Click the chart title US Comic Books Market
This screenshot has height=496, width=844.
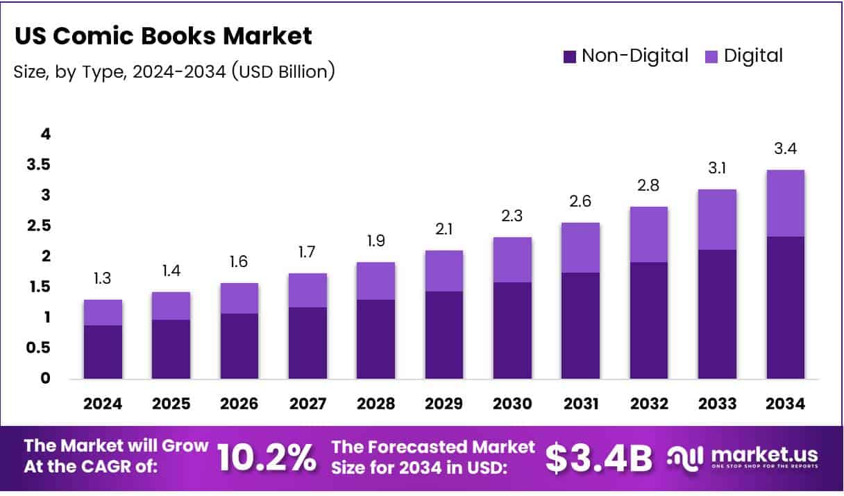[x=162, y=36]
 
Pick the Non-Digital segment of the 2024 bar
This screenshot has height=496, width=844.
[x=103, y=352]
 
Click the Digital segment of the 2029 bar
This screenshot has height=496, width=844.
[x=444, y=271]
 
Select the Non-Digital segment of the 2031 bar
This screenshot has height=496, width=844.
[x=580, y=326]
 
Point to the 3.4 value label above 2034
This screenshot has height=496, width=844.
[x=785, y=149]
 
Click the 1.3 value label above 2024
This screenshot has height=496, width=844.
[x=103, y=279]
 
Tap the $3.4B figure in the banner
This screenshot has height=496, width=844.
[x=598, y=457]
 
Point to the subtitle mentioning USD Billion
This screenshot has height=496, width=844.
[x=174, y=71]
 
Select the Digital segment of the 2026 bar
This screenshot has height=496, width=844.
[x=239, y=298]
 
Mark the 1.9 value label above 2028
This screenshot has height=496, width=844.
[x=375, y=241]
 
